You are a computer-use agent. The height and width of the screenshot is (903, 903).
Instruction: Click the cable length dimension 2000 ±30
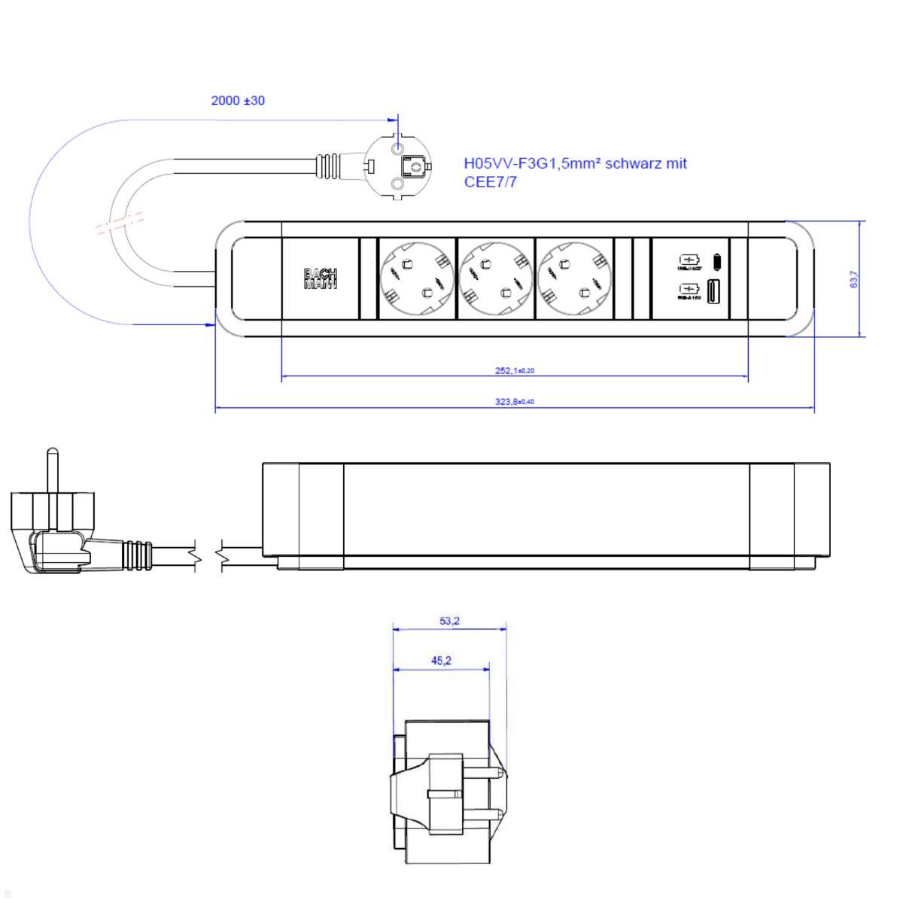238,100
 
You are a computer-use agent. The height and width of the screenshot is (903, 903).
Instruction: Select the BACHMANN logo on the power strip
320,278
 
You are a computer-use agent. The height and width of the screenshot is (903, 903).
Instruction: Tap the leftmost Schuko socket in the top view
418,280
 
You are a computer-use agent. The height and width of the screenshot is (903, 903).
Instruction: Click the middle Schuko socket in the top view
496,280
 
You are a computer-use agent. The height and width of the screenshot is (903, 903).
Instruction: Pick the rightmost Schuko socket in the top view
574,280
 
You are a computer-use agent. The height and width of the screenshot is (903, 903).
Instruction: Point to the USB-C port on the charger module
717,261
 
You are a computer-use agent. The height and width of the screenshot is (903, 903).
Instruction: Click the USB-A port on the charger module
713,290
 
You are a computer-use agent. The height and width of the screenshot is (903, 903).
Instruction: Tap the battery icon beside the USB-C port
689,260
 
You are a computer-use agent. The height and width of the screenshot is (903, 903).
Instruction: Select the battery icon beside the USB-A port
689,289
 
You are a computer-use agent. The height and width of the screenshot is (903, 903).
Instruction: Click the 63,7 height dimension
853,279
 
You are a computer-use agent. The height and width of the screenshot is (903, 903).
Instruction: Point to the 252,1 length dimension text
515,370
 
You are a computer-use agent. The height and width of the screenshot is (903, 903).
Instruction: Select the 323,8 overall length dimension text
515,402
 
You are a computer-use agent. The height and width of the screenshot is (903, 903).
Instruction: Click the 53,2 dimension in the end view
450,621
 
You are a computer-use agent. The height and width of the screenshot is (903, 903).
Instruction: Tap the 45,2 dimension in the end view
441,661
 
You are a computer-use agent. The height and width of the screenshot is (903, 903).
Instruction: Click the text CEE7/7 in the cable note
490,182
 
